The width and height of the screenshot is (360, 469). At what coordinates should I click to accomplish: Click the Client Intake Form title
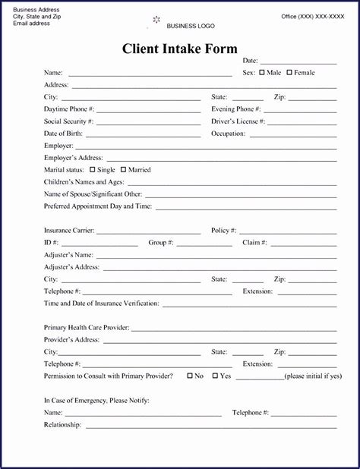click(180, 49)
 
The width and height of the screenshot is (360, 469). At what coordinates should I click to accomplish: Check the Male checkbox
click(262, 73)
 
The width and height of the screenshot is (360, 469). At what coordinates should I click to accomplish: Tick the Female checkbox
click(289, 73)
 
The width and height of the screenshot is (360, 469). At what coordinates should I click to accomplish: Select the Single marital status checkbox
click(93, 170)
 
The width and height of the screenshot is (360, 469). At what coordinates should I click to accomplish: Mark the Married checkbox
click(123, 170)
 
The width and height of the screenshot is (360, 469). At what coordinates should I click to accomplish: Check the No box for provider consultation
click(189, 376)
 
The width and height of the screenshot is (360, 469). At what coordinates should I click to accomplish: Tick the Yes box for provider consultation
click(215, 376)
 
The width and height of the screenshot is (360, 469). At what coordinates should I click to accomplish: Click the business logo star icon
click(156, 18)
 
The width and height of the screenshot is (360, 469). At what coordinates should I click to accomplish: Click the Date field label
click(251, 61)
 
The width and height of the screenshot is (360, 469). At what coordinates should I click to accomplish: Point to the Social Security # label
click(68, 121)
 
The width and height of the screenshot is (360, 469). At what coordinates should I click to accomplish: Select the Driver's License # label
click(238, 121)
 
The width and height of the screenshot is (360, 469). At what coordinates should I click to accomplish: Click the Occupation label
click(228, 134)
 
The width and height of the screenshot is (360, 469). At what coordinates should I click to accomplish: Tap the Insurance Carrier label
click(68, 230)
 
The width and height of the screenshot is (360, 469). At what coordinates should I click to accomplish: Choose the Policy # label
click(223, 230)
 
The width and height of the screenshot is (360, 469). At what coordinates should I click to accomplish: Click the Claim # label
click(254, 243)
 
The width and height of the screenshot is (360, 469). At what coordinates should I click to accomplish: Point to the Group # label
click(161, 243)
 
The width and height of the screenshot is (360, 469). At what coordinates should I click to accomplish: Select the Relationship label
click(63, 425)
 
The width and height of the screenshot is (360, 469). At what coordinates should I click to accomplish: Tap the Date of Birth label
click(65, 134)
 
